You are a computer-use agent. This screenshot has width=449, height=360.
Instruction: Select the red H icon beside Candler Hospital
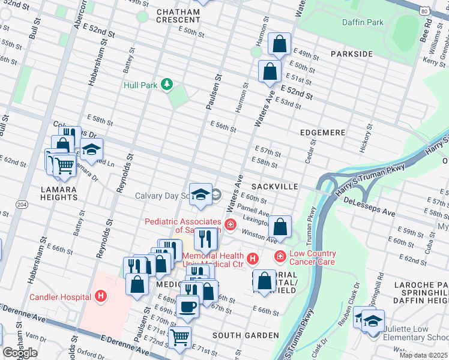point(100,296)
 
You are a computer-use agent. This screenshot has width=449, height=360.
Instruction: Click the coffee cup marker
point(187,306)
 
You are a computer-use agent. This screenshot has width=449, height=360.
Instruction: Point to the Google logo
point(20,353)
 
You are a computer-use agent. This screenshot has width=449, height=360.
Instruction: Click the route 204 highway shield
point(21,204)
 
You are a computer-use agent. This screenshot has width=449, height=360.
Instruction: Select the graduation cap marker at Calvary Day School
point(201,194)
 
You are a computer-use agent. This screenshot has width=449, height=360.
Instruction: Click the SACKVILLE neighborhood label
point(275,187)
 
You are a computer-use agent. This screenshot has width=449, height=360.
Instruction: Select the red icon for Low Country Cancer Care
point(280,257)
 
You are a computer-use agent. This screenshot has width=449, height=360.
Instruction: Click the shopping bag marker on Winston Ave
point(280,227)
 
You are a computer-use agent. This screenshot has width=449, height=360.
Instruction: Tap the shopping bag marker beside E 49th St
point(280,44)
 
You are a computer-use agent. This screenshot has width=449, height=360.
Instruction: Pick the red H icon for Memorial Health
point(253,259)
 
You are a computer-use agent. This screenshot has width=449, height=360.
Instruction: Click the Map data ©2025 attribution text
point(423,355)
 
